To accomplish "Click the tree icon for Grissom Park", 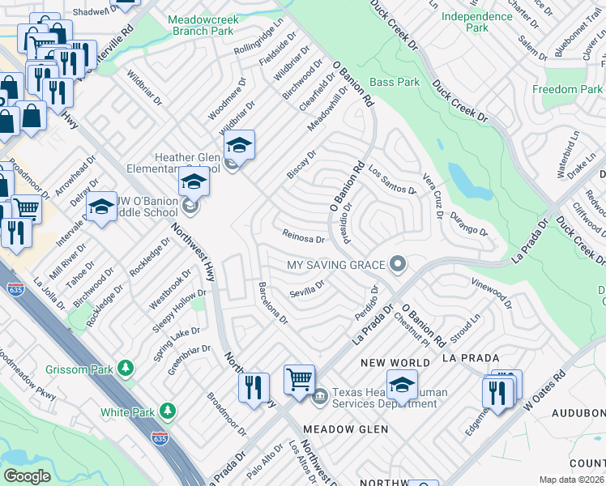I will coord(125,369).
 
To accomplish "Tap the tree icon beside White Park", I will coord(168,412).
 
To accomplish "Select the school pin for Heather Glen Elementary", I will coord(239,146).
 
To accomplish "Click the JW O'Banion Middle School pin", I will coord(194,183).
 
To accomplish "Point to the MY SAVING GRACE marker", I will coord(397,264).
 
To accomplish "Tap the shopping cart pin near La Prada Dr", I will coord(299,378).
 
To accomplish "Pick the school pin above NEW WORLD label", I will coord(402,386).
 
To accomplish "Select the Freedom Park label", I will coord(572,89).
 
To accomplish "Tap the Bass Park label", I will coord(395,82).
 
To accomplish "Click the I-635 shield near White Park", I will coord(159,437).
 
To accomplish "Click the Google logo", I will coord(27,476).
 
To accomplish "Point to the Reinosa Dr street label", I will coord(303,238).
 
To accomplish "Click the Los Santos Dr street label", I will coord(391,179).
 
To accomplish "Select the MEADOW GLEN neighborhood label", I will coord(345,428).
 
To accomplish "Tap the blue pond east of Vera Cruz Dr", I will coord(460,177).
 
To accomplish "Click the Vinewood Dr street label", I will coord(491,292).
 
